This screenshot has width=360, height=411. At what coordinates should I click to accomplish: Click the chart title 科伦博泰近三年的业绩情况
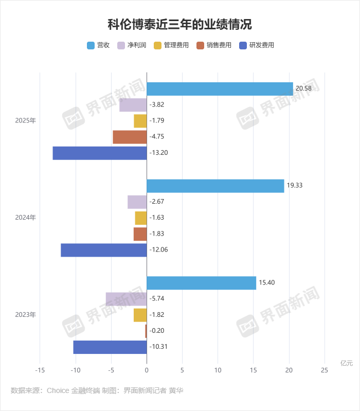[180, 24]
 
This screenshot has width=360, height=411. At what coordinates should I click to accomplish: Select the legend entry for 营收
[99, 45]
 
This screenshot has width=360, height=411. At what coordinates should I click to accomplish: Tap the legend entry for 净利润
[133, 45]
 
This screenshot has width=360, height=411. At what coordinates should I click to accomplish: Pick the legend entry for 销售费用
[213, 45]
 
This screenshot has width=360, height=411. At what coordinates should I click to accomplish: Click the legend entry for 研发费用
[257, 45]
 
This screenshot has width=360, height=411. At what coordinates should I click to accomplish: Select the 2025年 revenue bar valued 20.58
[220, 89]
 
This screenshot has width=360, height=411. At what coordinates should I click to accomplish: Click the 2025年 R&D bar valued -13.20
[100, 153]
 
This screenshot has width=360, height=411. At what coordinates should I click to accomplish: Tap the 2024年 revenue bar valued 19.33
[215, 186]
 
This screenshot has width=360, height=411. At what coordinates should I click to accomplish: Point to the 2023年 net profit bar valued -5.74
[127, 299]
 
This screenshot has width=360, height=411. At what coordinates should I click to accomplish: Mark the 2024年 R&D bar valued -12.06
[104, 250]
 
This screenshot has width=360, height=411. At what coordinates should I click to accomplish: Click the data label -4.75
[157, 137]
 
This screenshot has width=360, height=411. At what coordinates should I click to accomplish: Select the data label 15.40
[266, 283]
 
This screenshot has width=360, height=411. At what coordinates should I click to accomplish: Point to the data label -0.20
[157, 331]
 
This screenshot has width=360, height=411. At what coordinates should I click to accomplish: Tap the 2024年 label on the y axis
[26, 218]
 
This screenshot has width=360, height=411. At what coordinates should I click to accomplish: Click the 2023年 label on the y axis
[26, 314]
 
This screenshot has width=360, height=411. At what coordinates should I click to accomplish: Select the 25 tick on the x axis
[325, 370]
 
